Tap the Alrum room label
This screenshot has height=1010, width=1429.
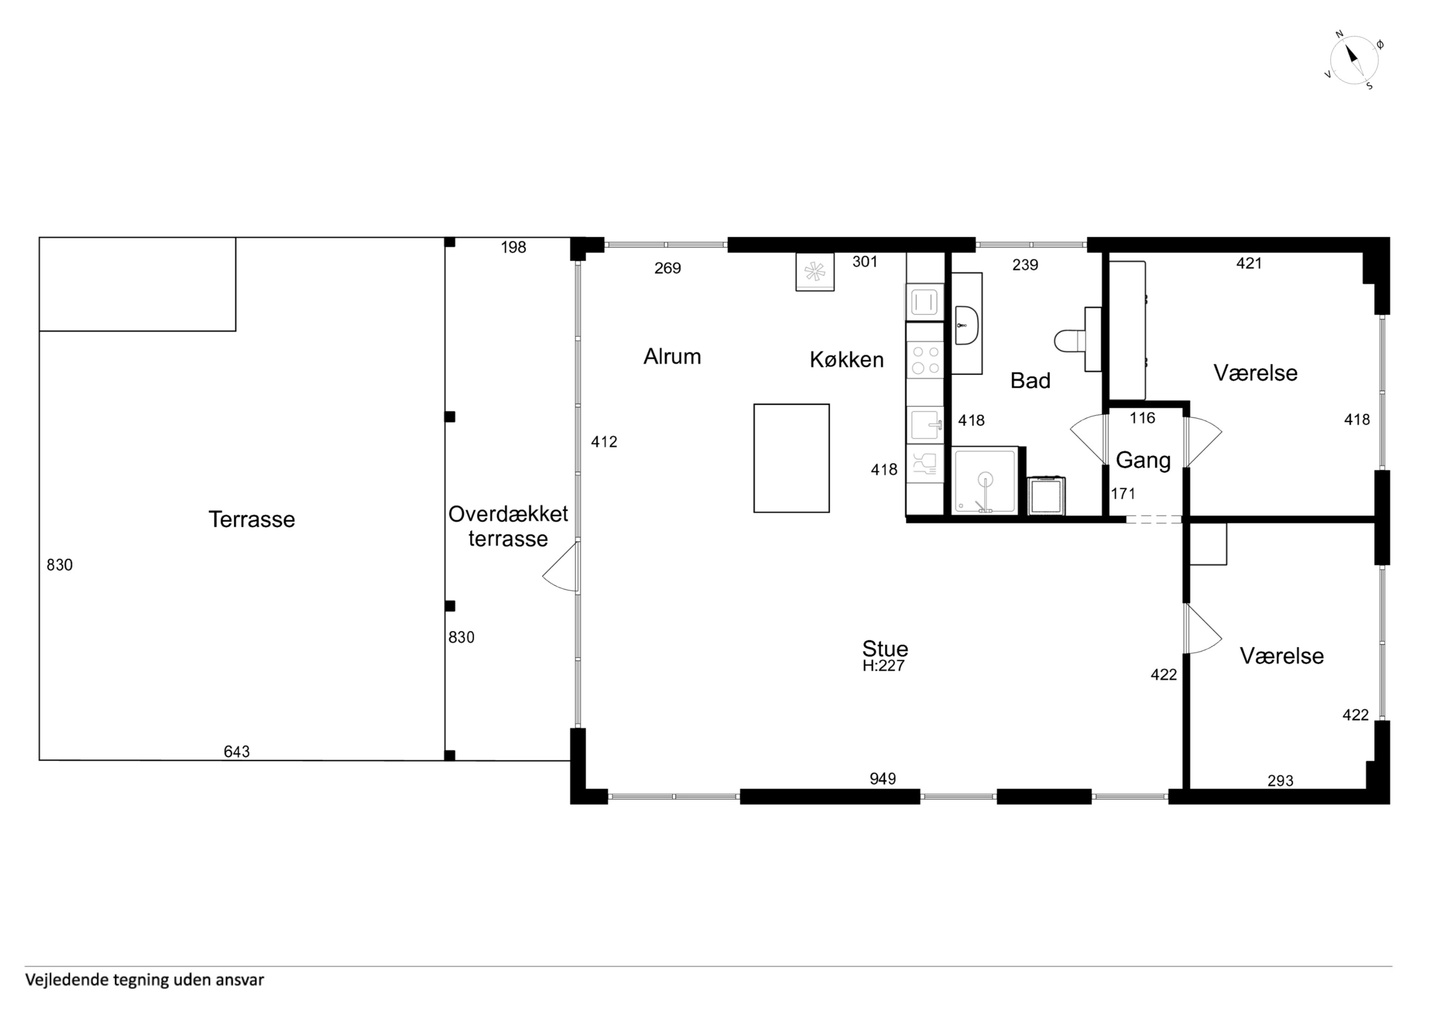tap(672, 357)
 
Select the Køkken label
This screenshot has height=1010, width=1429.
tap(847, 360)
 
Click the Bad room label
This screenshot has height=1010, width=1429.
tap(1030, 380)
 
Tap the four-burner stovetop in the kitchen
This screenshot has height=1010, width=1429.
tap(925, 361)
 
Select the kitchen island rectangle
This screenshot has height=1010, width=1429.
tap(791, 458)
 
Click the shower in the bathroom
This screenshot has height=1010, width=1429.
tap(985, 481)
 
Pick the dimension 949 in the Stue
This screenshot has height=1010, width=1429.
tap(883, 779)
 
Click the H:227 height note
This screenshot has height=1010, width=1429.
tap(883, 666)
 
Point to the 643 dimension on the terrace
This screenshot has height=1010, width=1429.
tap(237, 752)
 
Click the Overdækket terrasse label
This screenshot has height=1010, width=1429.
tap(508, 527)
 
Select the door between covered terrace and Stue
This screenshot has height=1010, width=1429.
tap(561, 566)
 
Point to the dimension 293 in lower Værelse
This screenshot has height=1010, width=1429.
tap(1280, 781)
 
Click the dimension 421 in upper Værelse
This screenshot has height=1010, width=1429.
tap(1248, 263)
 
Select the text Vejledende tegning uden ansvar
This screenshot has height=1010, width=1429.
tap(145, 980)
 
